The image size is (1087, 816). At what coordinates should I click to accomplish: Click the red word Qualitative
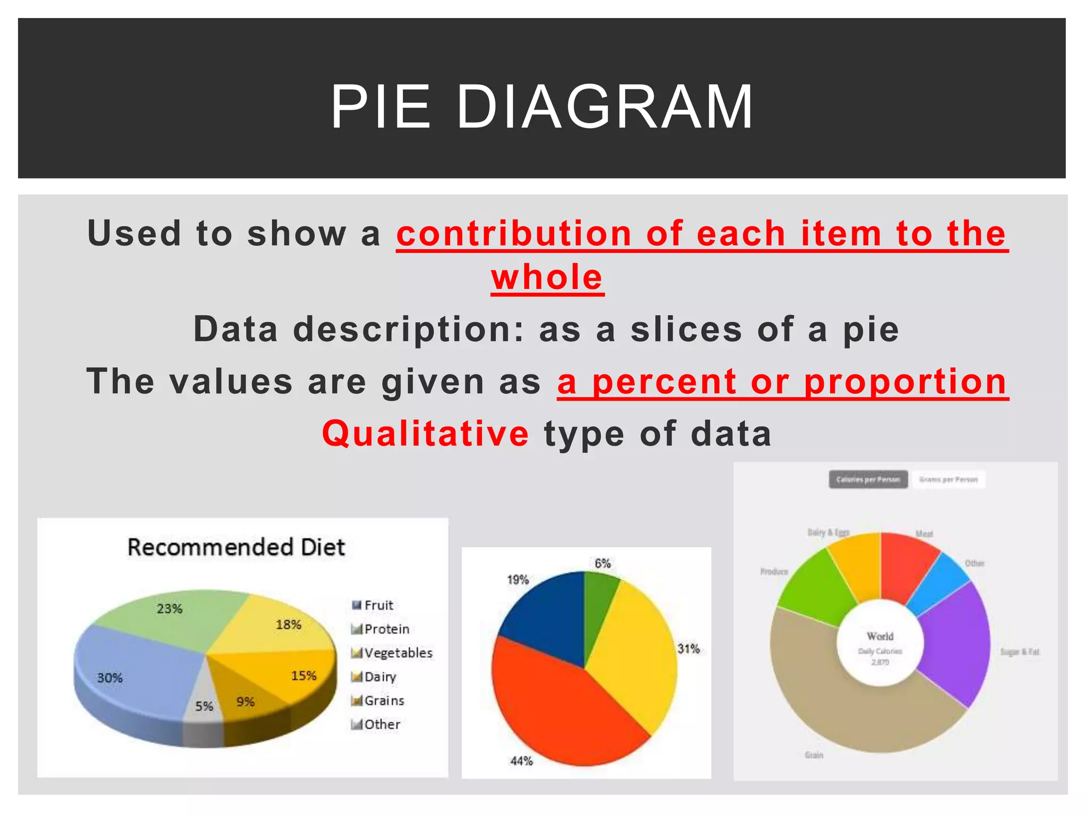coord(425,433)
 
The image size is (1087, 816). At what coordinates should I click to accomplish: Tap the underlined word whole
coord(547,277)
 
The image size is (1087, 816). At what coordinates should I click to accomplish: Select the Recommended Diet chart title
coord(236,547)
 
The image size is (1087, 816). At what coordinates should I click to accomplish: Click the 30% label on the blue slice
coord(110,678)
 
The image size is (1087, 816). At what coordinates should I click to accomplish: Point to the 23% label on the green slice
coord(169,609)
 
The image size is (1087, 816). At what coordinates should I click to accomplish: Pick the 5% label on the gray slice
coord(204,706)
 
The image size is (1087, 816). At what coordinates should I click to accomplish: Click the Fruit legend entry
coord(378,605)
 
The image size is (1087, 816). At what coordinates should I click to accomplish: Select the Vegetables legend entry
coord(398,653)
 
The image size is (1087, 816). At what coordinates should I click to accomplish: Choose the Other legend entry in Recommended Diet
coord(382,725)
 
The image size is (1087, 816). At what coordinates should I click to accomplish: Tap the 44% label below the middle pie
coord(521,761)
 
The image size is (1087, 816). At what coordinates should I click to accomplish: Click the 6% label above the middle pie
coord(602,563)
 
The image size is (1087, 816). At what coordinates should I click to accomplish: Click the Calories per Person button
coord(868,479)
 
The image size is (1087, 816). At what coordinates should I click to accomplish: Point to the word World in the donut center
coord(880,636)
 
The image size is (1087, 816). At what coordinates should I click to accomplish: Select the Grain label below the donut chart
coord(814,755)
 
